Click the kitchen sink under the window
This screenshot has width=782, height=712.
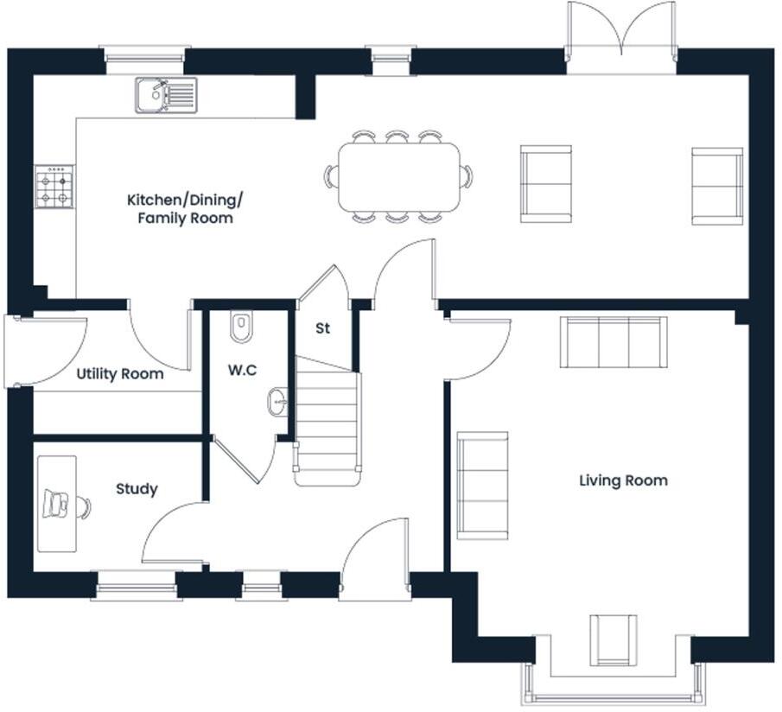pyautogui.click(x=166, y=94)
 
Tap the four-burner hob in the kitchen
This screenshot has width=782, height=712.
pyautogui.click(x=54, y=188)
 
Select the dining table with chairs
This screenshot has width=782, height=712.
pyautogui.click(x=398, y=177)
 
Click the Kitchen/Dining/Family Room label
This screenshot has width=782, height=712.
pyautogui.click(x=185, y=209)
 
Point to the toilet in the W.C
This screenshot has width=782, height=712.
pyautogui.click(x=241, y=327)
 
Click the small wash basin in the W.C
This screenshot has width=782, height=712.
pyautogui.click(x=277, y=402)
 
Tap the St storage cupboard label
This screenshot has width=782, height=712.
pyautogui.click(x=323, y=329)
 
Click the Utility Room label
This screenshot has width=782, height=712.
pyautogui.click(x=120, y=374)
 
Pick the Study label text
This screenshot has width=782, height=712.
pyautogui.click(x=137, y=489)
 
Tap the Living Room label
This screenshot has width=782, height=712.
pyautogui.click(x=623, y=480)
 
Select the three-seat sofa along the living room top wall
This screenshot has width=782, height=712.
pyautogui.click(x=614, y=342)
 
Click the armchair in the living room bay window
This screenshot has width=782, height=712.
pyautogui.click(x=614, y=639)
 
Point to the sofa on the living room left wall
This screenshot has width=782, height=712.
pyautogui.click(x=482, y=484)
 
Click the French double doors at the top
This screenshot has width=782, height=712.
pyautogui.click(x=620, y=33)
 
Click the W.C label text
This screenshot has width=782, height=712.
pyautogui.click(x=241, y=371)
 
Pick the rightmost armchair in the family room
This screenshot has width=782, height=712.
pyautogui.click(x=717, y=186)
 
